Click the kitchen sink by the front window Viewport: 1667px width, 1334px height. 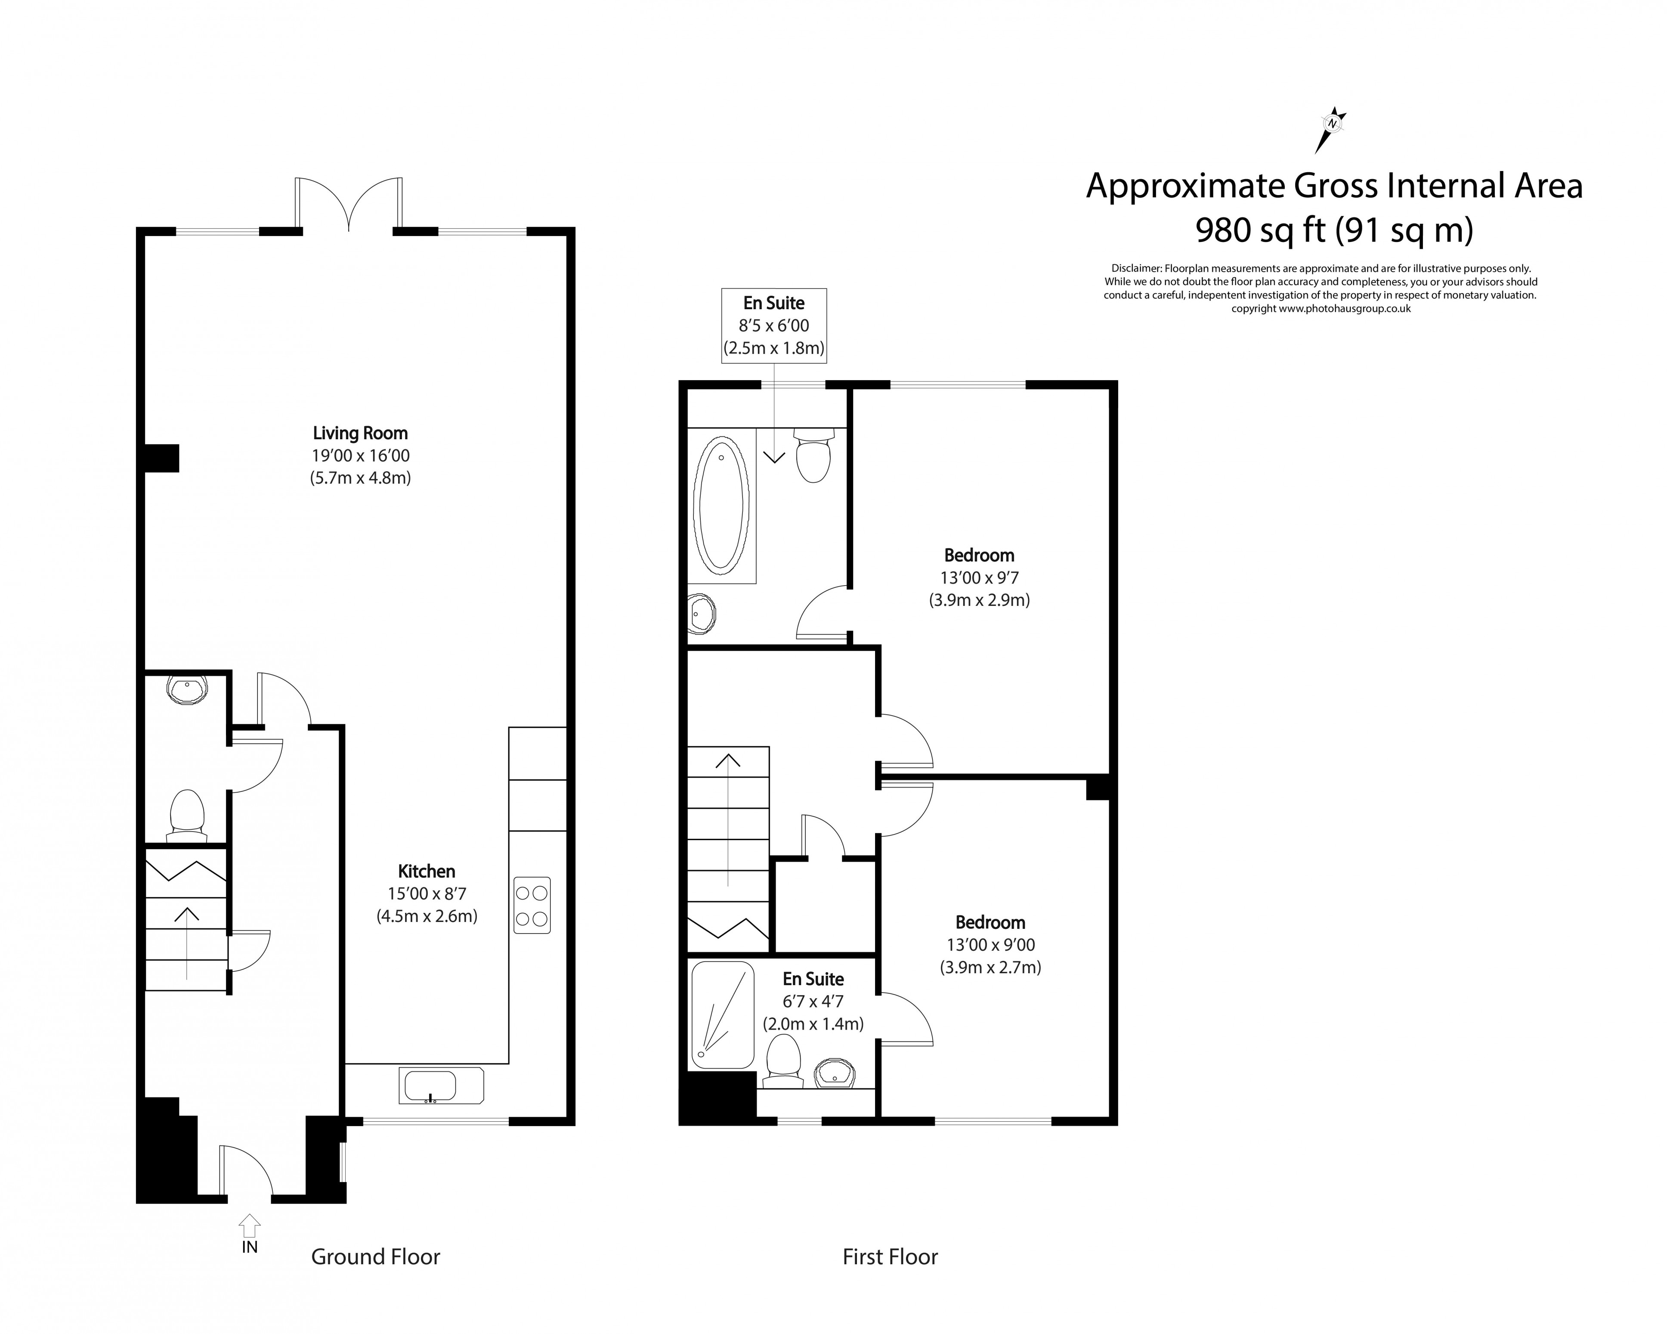click(x=441, y=1085)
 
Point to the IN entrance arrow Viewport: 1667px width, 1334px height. click(x=249, y=1226)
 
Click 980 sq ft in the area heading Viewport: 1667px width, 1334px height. click(x=1260, y=230)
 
